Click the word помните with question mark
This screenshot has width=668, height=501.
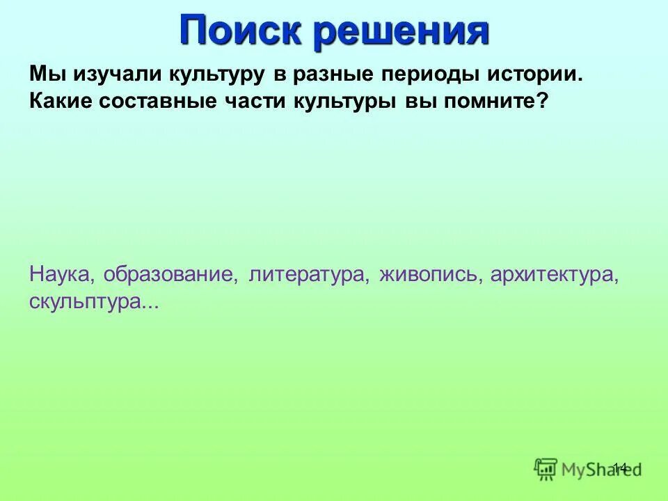(x=491, y=101)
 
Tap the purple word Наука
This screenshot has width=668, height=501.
(x=63, y=274)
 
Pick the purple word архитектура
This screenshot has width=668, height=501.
(x=554, y=274)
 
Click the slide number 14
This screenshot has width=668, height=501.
(x=619, y=467)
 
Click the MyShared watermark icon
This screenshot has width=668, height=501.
(x=546, y=468)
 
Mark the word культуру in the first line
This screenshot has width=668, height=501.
(x=212, y=74)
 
